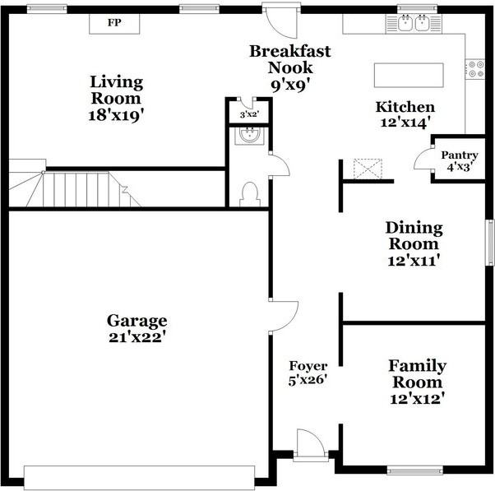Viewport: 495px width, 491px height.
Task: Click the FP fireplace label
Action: (x=114, y=23)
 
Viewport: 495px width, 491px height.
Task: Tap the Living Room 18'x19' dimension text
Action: (x=116, y=115)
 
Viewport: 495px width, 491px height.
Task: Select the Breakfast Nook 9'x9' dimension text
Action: (x=290, y=85)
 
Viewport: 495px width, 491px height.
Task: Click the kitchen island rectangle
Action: (x=409, y=75)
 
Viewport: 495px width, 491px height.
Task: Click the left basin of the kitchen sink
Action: (x=405, y=23)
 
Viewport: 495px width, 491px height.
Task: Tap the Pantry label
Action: (x=460, y=155)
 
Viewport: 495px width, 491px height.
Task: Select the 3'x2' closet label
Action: (x=249, y=114)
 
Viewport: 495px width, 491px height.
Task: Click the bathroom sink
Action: (x=250, y=136)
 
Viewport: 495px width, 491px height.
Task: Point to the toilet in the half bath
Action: (x=250, y=194)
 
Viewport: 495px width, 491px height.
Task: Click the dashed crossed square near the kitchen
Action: (x=368, y=169)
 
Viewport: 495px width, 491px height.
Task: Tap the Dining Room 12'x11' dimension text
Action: (x=414, y=262)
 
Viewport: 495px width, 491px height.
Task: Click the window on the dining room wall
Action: (x=490, y=242)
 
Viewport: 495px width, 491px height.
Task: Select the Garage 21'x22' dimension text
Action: (x=137, y=337)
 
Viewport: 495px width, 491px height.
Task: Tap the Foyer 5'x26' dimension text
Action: (x=308, y=380)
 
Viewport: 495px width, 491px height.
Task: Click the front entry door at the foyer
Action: (x=311, y=445)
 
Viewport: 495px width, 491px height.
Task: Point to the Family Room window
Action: (x=414, y=471)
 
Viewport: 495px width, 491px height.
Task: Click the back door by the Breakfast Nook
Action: (x=282, y=21)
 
